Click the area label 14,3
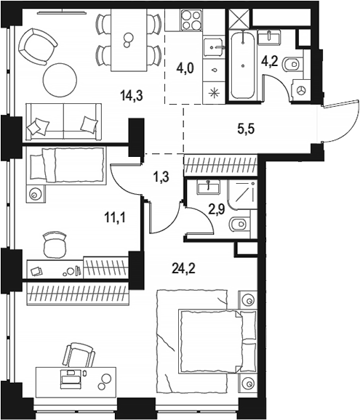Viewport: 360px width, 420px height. coord(132,96)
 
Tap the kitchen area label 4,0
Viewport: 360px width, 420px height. coord(185,68)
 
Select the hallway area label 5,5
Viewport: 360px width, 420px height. coord(246,129)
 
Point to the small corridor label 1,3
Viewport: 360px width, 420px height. coord(161,177)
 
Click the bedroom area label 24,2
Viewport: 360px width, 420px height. coord(183,268)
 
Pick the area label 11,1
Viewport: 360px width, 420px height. coord(115,218)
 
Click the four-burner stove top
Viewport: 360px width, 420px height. coord(191,20)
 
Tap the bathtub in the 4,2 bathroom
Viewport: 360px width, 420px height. coord(243,65)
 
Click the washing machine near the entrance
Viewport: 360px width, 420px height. coord(302,90)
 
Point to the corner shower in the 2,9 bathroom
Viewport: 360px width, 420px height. coord(242,195)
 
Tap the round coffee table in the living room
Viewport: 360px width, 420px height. coord(60,80)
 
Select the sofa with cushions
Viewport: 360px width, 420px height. coord(64,122)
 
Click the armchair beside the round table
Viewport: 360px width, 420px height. coord(38,47)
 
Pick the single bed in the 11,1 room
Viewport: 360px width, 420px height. coord(66,165)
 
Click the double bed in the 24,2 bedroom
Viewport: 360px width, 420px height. coord(207,341)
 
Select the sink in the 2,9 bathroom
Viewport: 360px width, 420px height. coord(209,187)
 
